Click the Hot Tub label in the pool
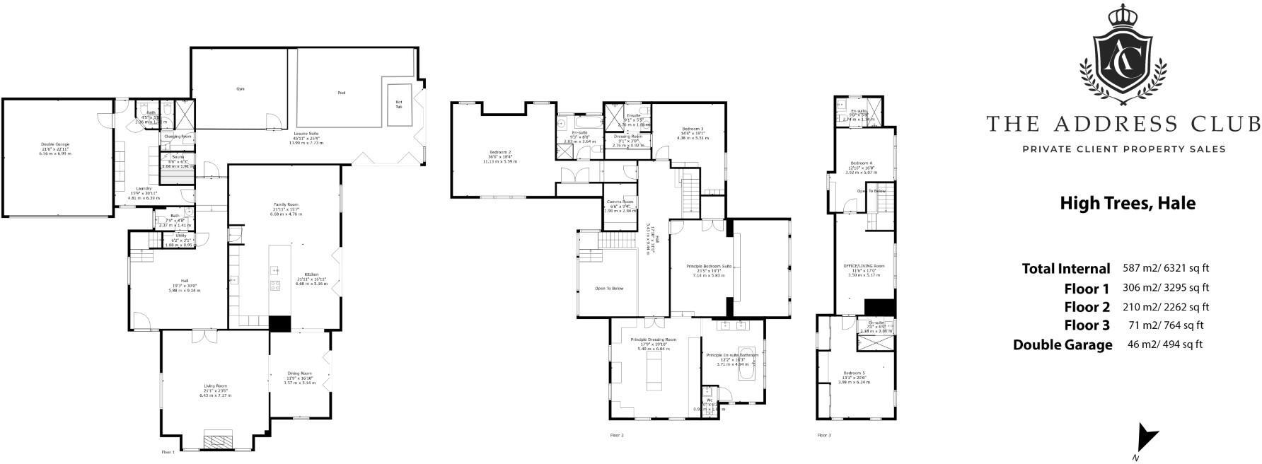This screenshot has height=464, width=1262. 398,104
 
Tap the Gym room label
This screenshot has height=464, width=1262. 240,89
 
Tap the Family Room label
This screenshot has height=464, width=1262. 286,204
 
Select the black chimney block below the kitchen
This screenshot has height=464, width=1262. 280,323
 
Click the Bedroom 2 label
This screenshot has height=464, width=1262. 499,152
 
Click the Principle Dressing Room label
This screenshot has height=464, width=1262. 653,340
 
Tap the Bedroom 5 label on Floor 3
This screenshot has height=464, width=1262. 854,373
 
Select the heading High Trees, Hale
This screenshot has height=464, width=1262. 1127,204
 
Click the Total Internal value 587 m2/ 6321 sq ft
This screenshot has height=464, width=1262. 1166,269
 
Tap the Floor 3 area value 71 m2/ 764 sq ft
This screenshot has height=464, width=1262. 1166,325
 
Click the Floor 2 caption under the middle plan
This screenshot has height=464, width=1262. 617,435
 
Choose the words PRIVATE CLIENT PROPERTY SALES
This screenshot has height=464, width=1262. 1123,149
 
